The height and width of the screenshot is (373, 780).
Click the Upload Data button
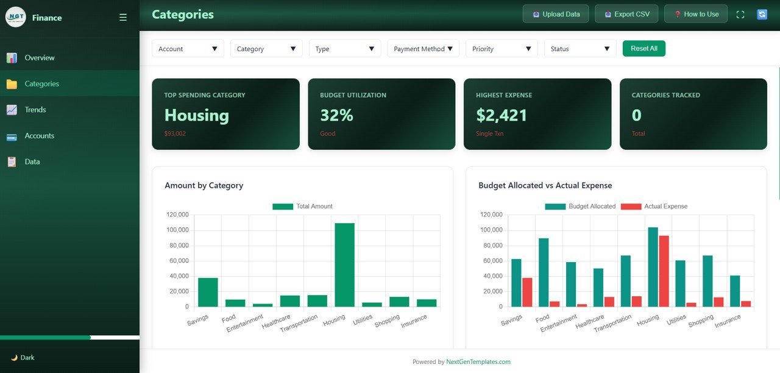click(x=556, y=14)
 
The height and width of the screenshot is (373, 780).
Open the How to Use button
click(x=696, y=14)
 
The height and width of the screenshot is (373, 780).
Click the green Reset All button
click(x=643, y=49)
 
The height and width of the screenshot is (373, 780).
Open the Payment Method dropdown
click(x=423, y=49)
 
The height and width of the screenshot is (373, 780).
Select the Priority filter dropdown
click(x=502, y=49)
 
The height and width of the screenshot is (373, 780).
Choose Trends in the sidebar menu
click(x=35, y=110)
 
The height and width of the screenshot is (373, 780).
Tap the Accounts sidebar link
click(x=39, y=136)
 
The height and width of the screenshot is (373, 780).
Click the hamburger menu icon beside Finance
click(x=123, y=18)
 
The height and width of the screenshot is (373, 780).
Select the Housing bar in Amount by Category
click(x=344, y=265)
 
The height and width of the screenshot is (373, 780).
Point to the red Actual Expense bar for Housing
click(x=664, y=271)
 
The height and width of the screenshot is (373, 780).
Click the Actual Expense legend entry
click(x=654, y=207)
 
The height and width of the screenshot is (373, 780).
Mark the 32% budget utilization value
click(x=336, y=115)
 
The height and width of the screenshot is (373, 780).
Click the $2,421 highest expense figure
click(x=502, y=115)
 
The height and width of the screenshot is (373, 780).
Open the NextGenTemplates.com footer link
click(x=478, y=362)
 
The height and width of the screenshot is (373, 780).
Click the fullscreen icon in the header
click(x=740, y=15)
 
